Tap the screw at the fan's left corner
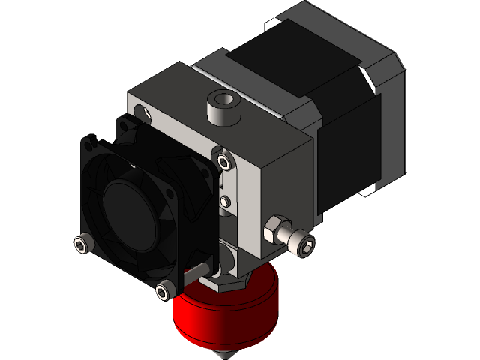point(82,243)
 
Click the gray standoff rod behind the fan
point(199,269)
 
